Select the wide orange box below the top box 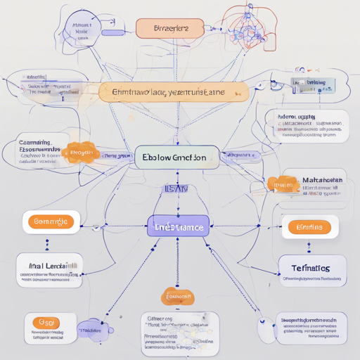pyautogui.click(x=174, y=92)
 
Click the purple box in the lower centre pyautogui.click(x=179, y=228)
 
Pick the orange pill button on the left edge pyautogui.click(x=51, y=222)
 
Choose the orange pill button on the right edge pyautogui.click(x=310, y=227)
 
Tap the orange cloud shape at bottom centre pyautogui.click(x=178, y=297)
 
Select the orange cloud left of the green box pyautogui.click(x=80, y=153)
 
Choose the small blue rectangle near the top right pyautogui.click(x=313, y=85)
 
